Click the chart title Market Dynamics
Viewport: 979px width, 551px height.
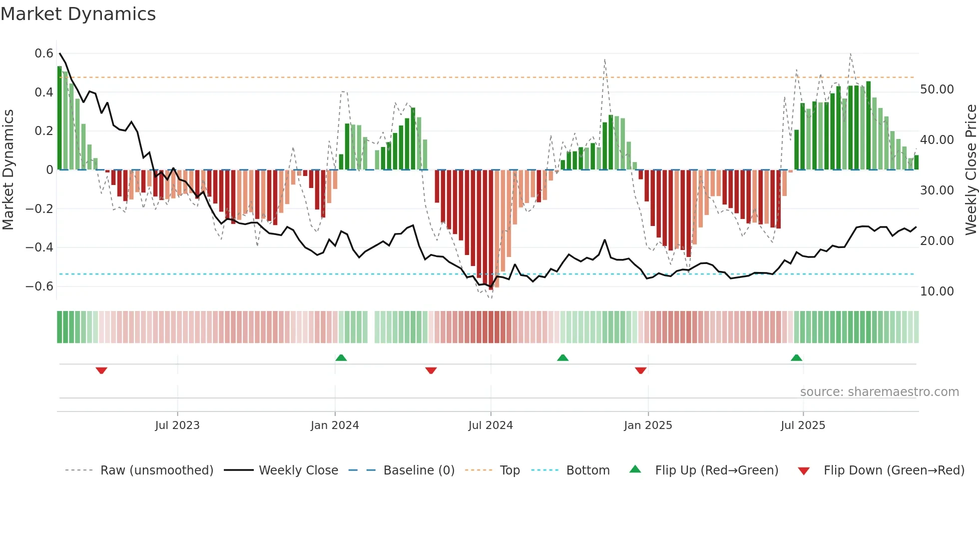(78, 14)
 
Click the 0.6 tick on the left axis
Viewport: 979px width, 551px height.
(44, 53)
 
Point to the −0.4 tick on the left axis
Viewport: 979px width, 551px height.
(39, 247)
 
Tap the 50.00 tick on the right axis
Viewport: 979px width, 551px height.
(937, 89)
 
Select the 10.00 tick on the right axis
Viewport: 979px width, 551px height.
(937, 291)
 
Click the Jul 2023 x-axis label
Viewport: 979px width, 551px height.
(177, 425)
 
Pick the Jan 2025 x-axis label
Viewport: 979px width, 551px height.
(648, 425)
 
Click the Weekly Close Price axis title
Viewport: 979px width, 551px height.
(971, 170)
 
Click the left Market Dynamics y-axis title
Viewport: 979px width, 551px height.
(8, 170)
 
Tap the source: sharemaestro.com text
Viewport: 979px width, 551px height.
(879, 392)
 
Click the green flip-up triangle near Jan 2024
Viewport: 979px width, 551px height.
(341, 358)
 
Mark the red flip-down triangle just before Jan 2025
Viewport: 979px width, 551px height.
(641, 370)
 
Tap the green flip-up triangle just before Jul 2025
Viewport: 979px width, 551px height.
(797, 358)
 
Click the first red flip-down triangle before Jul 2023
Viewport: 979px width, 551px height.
(101, 370)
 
